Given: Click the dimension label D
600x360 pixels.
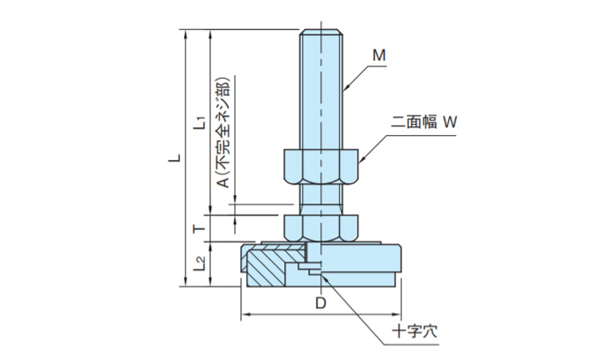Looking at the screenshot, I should click(x=319, y=303).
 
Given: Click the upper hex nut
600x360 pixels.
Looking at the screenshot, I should click(x=322, y=166).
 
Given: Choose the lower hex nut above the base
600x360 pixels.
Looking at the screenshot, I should click(x=322, y=226).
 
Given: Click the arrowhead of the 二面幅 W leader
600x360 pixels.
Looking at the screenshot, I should click(x=361, y=159).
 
